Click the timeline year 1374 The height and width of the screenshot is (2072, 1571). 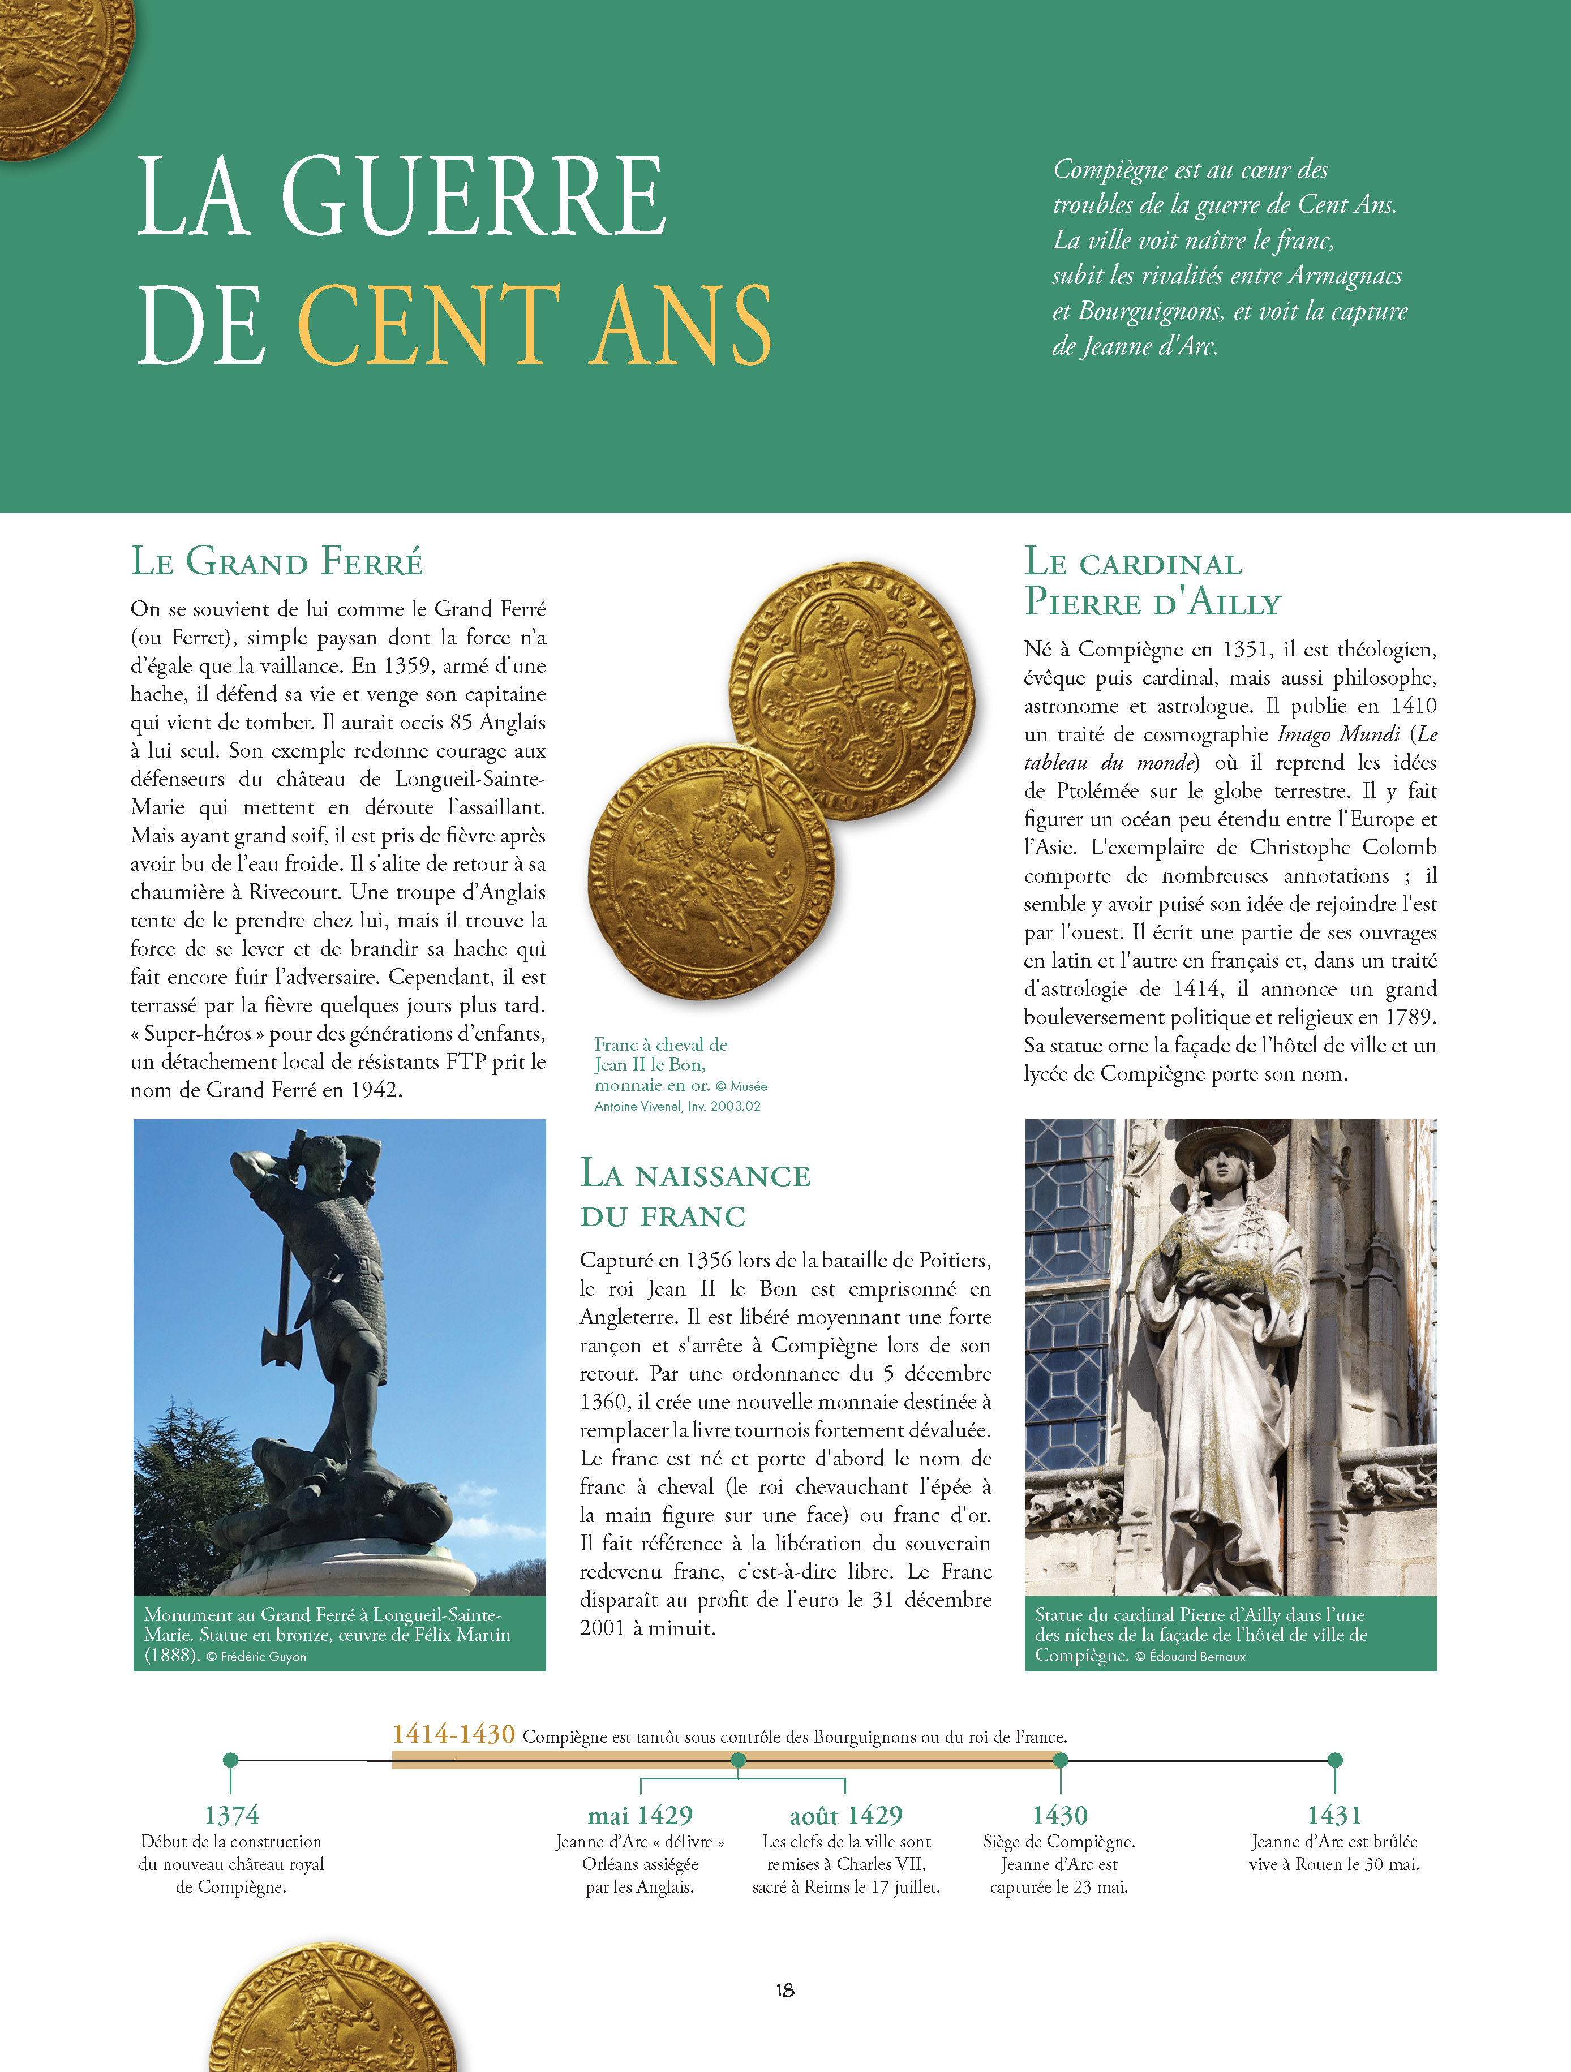231,1815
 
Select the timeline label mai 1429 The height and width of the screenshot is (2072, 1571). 640,1815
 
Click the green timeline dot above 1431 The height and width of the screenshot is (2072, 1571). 1335,1760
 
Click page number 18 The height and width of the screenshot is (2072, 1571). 785,1989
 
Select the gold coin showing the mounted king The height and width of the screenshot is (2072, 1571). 711,871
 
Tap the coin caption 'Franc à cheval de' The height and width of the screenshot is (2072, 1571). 660,1044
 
